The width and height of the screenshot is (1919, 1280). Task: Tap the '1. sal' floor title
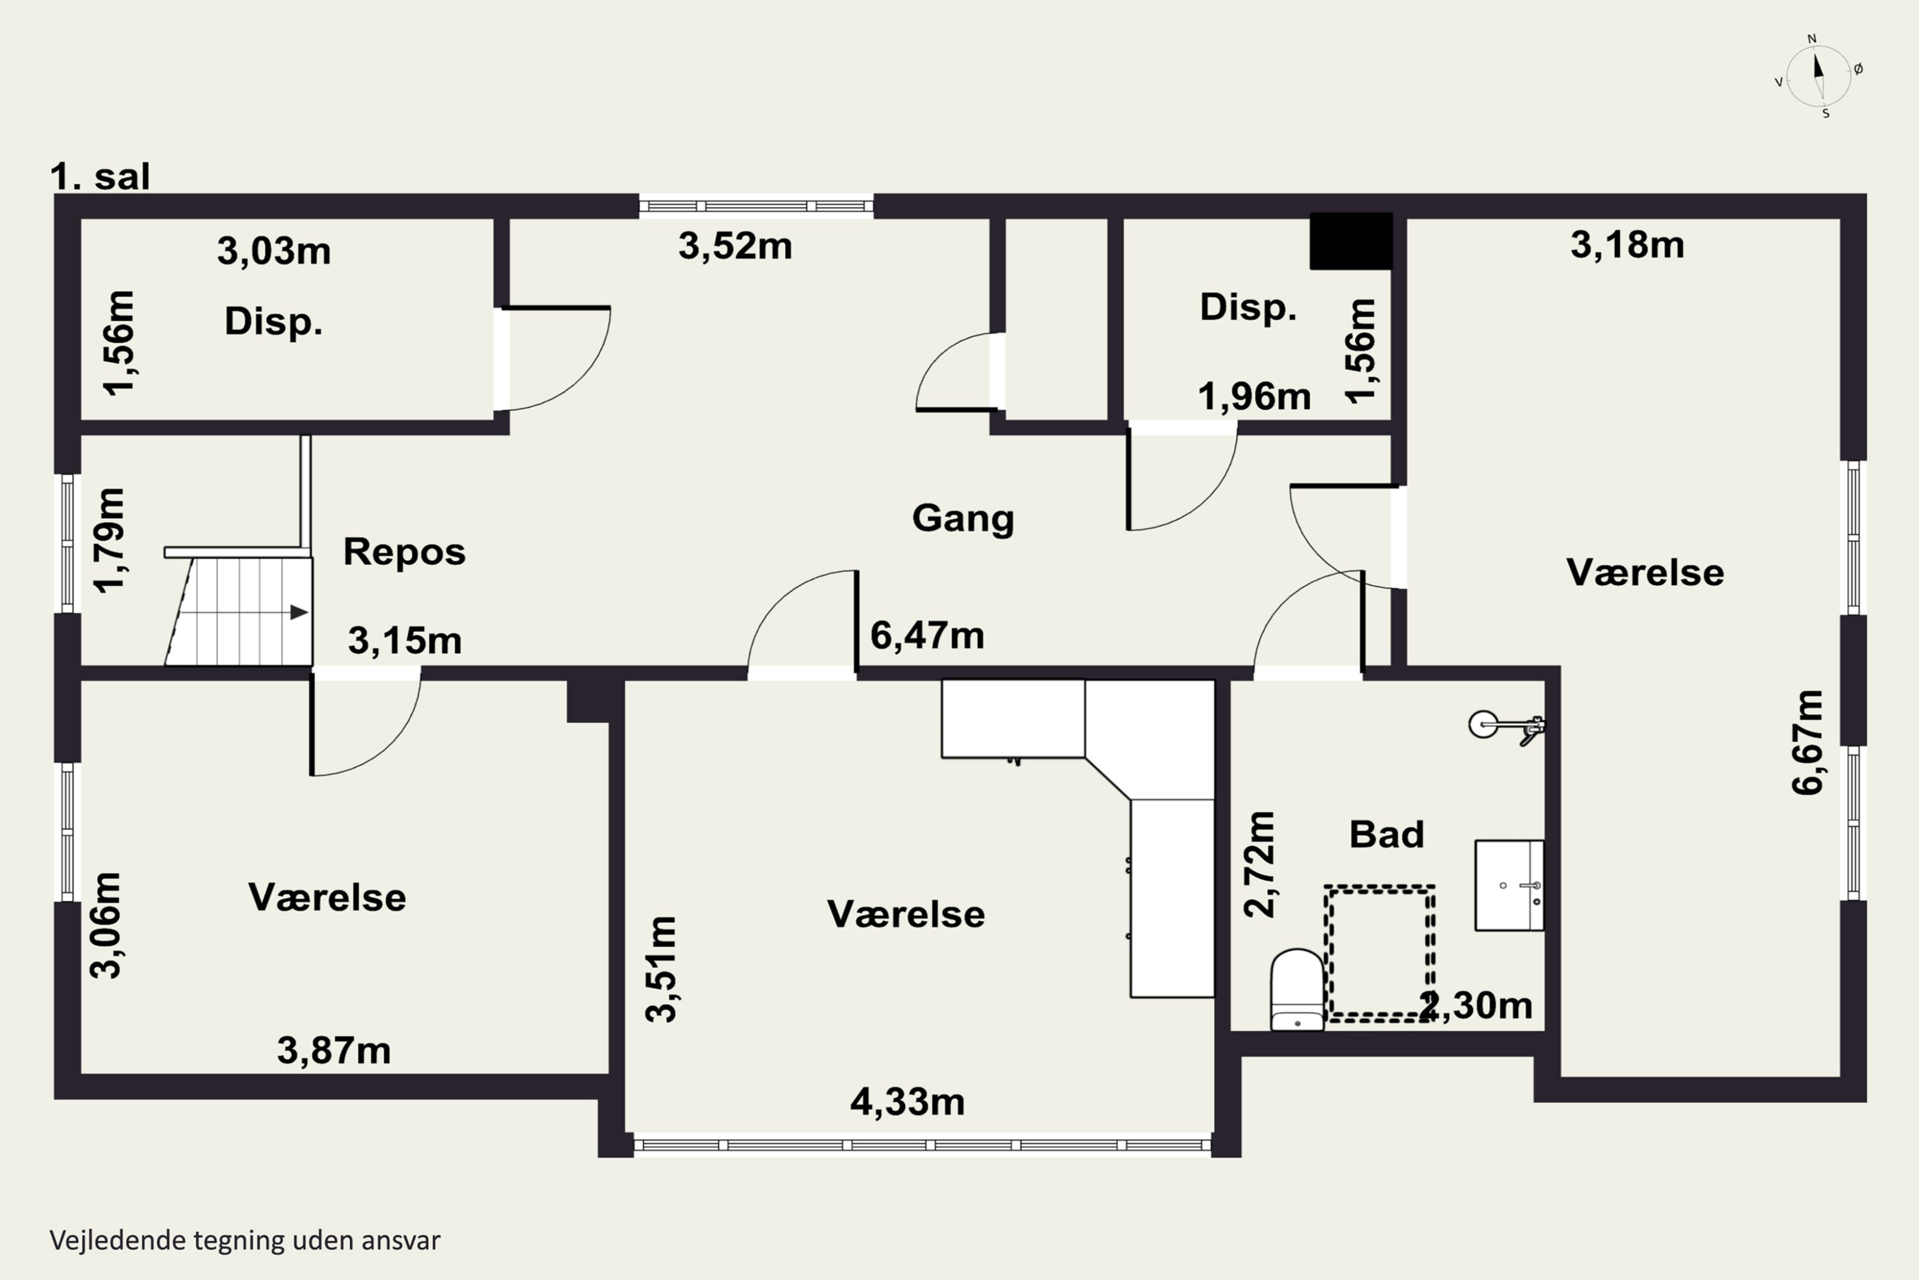100,177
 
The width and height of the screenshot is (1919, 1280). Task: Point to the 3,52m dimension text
735,246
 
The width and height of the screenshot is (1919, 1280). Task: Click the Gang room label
963,518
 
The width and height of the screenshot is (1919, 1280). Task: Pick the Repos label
404,552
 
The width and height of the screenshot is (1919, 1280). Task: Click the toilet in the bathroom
1297,989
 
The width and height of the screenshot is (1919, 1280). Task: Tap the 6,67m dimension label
1807,742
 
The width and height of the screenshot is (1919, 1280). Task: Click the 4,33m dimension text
907,1102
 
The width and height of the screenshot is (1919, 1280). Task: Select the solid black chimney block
1351,241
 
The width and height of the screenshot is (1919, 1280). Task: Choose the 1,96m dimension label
1254,397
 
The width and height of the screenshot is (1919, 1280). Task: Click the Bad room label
1386,835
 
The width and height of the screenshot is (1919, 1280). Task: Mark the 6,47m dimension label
927,635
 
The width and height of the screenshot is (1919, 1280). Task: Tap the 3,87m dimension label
334,1051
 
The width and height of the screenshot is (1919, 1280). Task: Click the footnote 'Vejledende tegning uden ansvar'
245,1240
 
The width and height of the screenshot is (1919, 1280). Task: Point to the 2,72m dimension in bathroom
1259,865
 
